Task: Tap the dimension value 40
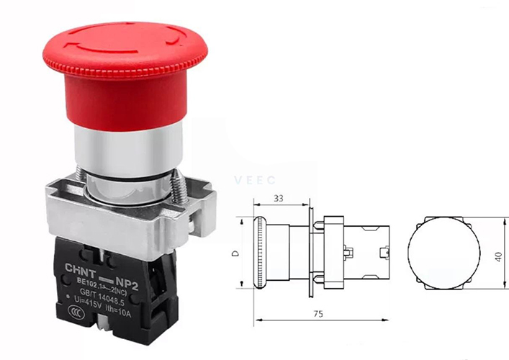tap(498, 256)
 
